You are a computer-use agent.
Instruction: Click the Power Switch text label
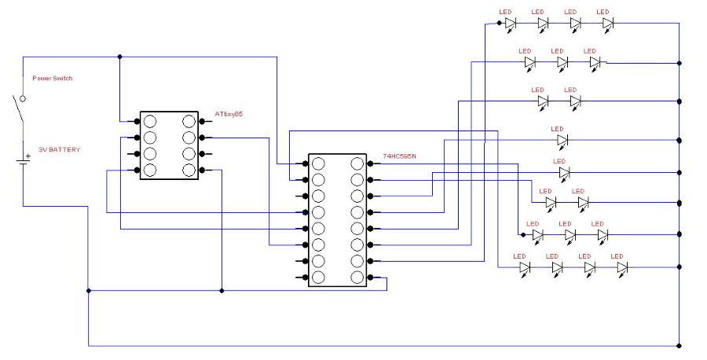52,79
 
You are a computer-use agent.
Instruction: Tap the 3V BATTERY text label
59,149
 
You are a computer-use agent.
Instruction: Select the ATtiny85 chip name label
229,115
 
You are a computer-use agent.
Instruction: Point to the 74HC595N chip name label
399,157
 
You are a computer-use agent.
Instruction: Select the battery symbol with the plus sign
22,161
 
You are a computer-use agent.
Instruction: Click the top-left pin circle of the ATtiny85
149,121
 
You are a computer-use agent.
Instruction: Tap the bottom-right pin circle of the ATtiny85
188,170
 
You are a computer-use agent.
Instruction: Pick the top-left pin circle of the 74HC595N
318,163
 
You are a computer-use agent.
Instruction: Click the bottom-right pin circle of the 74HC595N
357,277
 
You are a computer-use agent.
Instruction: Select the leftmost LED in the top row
510,24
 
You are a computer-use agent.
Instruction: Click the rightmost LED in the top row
608,24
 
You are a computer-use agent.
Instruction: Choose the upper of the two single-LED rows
562,141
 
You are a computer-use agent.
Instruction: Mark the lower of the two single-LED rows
562,171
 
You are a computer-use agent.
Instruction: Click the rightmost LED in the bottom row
622,268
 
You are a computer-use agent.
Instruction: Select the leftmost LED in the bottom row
524,268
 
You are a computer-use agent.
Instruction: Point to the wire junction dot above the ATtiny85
119,57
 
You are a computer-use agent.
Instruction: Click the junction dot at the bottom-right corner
679,345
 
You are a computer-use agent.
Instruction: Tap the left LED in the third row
542,101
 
